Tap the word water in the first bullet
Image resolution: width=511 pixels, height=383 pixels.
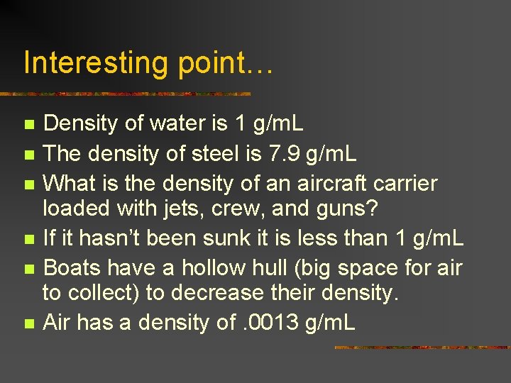click(180, 123)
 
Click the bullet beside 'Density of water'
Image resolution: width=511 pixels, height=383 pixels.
click(28, 125)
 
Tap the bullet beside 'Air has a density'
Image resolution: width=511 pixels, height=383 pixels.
click(28, 323)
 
